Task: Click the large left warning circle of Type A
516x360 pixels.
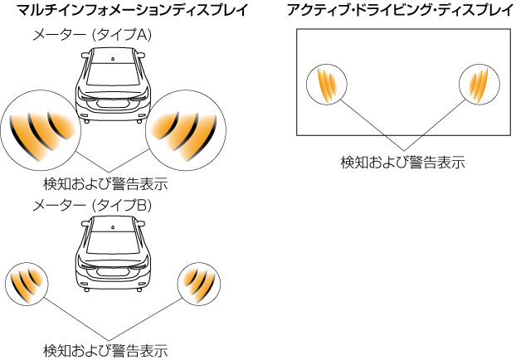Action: click(x=38, y=130)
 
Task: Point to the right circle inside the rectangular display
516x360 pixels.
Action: click(x=478, y=84)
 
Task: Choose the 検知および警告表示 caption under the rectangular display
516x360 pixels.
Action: click(x=402, y=163)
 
